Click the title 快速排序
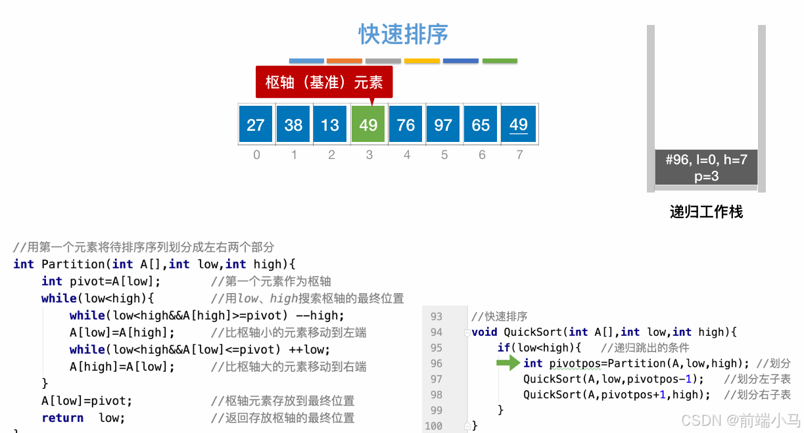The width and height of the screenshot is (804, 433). tap(403, 35)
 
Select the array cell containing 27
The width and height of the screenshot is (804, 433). tap(256, 124)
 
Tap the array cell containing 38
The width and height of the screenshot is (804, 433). tap(293, 124)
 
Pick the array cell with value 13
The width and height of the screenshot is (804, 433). tap(331, 124)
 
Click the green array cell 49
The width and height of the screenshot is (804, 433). tap(369, 124)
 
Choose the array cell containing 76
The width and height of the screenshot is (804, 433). tap(406, 124)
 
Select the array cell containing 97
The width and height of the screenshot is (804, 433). tap(444, 124)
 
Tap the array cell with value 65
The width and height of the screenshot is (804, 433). tap(481, 124)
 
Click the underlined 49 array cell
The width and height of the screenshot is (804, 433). tap(519, 124)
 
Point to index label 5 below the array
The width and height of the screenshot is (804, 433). tap(444, 155)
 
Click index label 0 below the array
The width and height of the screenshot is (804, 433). tap(256, 155)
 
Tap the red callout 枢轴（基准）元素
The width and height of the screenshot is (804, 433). tap(323, 82)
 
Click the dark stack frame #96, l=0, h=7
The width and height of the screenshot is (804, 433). tap(706, 168)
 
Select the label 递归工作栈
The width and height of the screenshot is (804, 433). tap(706, 212)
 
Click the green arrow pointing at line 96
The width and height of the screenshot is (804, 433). tap(508, 363)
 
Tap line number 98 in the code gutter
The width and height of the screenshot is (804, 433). tap(436, 394)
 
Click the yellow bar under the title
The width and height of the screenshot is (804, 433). tap(422, 61)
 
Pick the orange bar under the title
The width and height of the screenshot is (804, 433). tap(344, 61)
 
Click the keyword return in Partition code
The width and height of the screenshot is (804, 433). tap(62, 418)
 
